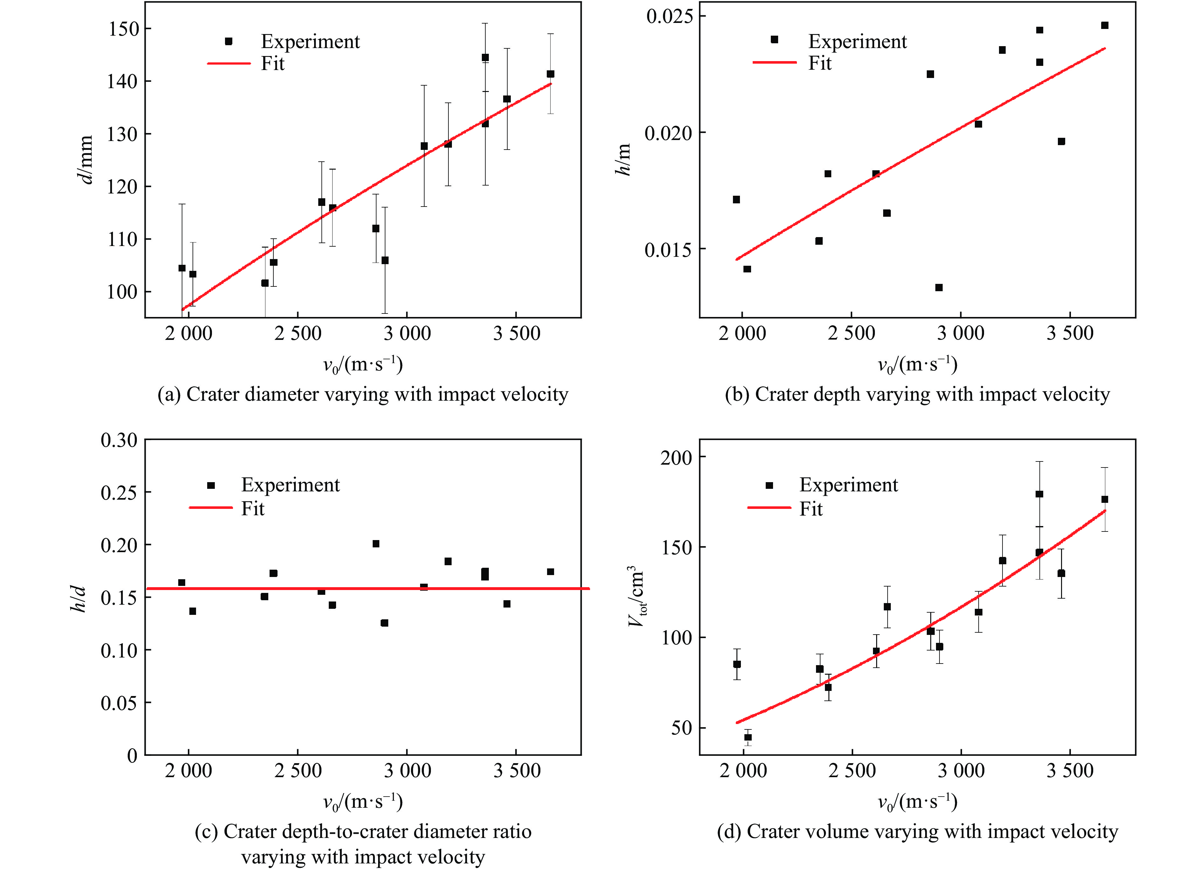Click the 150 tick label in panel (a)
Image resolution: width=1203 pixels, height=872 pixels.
123,29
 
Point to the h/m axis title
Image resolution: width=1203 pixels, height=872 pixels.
623,159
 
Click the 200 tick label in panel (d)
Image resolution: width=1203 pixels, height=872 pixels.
676,457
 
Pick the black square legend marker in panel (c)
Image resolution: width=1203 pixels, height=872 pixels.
211,485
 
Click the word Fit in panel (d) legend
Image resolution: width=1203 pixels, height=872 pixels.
811,509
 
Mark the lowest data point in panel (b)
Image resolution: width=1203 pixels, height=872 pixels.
938,287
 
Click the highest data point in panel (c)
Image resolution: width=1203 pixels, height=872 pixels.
376,544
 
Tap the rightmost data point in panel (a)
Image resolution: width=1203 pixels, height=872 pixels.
550,74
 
